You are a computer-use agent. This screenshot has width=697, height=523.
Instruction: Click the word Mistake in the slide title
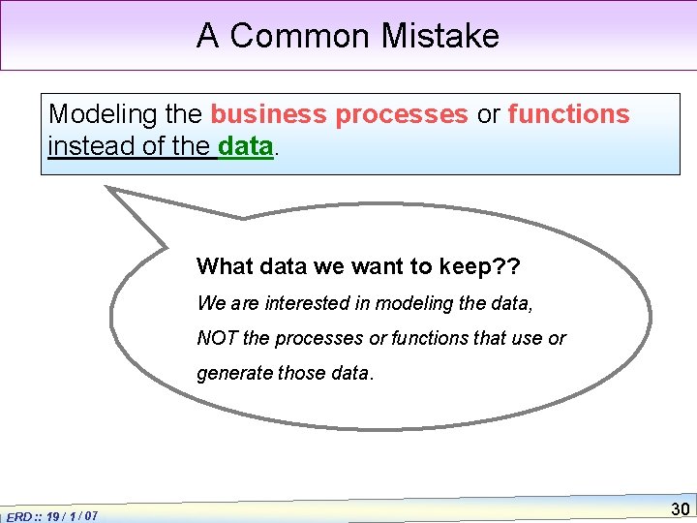(x=440, y=36)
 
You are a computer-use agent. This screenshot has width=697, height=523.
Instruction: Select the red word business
(x=269, y=114)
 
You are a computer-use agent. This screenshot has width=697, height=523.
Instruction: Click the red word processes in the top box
(x=402, y=114)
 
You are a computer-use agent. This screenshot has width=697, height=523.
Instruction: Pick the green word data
(x=247, y=147)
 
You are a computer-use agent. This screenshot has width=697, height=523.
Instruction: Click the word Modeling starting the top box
(x=104, y=114)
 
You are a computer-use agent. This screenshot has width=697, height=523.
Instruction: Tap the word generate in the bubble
(x=234, y=374)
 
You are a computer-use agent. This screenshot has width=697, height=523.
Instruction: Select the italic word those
(x=301, y=374)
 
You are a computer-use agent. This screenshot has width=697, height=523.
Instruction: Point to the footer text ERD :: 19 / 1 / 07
(x=51, y=516)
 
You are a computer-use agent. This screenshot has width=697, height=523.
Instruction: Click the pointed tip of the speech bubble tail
(x=108, y=189)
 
